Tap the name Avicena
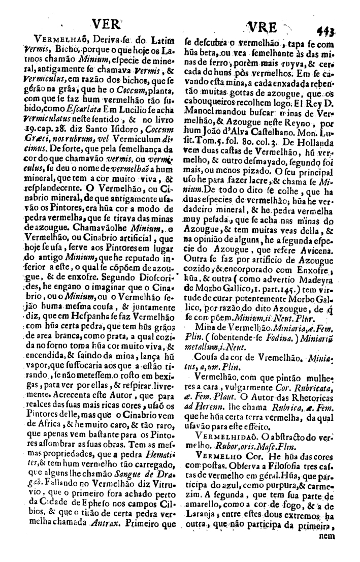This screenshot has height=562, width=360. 316,250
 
